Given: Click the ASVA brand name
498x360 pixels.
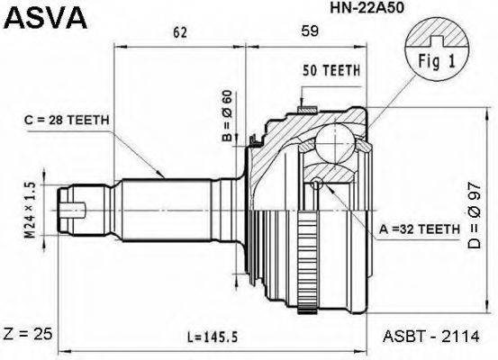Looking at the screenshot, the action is (44, 18).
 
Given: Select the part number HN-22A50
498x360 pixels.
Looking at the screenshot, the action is (367, 8).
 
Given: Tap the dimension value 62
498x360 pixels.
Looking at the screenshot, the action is (180, 32).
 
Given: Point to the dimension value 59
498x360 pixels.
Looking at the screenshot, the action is (310, 31).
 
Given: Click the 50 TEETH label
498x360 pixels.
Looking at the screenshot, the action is (331, 70).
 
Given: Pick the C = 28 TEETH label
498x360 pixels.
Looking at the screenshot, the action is (67, 120).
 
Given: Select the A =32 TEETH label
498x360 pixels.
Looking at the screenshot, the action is (420, 229).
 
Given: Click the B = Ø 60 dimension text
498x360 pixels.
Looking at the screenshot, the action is (228, 115).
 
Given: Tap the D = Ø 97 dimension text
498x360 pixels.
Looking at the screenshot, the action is (475, 216).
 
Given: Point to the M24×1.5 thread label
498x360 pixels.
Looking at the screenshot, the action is (31, 211).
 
